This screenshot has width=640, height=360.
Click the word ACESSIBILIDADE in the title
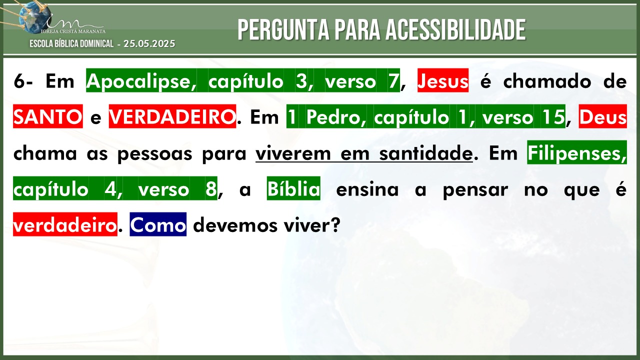[x=455, y=29]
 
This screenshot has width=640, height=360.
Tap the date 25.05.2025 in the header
[x=149, y=43]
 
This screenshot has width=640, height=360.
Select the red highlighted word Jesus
[x=443, y=80]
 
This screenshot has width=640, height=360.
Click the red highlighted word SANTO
[x=48, y=116]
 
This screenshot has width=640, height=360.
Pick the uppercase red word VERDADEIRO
[x=172, y=116]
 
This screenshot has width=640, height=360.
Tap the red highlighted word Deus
[x=603, y=116]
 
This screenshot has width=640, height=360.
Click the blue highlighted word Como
[x=158, y=224]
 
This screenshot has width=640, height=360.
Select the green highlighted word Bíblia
[x=293, y=188]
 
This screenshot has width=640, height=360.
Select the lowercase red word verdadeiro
[x=65, y=224]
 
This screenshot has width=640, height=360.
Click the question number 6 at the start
[x=19, y=81]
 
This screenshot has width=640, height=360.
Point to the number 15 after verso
[x=553, y=117]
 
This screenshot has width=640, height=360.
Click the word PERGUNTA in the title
[x=283, y=29]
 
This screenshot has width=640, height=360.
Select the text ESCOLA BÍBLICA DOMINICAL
[x=71, y=43]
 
